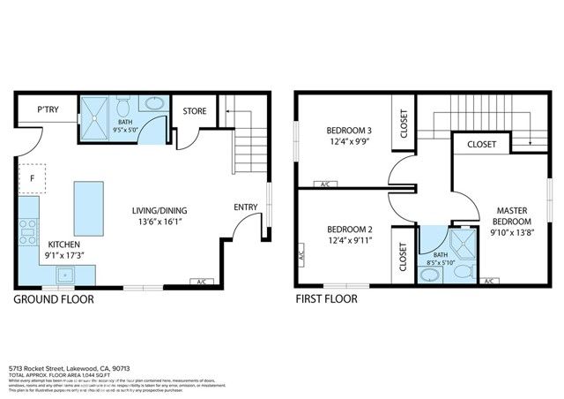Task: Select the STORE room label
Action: [195, 111]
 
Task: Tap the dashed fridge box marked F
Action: [33, 177]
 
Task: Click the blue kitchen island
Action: [87, 204]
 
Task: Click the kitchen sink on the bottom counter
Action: [64, 275]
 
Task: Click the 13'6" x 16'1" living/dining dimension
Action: [160, 223]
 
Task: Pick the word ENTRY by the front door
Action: [246, 207]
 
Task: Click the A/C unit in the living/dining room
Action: [201, 282]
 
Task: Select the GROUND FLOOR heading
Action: [54, 299]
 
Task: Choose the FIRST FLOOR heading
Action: [327, 299]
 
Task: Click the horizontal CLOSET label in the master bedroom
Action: [481, 144]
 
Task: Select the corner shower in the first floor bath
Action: [461, 244]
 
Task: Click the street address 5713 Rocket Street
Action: [70, 367]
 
